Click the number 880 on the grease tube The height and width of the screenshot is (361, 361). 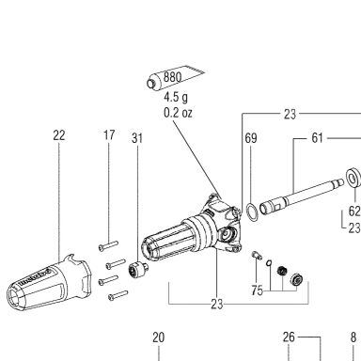[x=172, y=77]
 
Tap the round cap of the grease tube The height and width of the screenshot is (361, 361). [x=151, y=84]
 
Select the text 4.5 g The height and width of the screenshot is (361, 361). [x=176, y=97]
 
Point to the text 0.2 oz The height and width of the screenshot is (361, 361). [x=178, y=113]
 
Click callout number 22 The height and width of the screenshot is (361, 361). [x=59, y=135]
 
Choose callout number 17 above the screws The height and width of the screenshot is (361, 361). [x=109, y=135]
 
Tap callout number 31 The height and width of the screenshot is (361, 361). [x=137, y=138]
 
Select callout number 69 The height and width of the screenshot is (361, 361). [x=251, y=138]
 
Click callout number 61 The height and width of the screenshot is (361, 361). [x=317, y=138]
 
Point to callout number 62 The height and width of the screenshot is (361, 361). [x=354, y=212]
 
